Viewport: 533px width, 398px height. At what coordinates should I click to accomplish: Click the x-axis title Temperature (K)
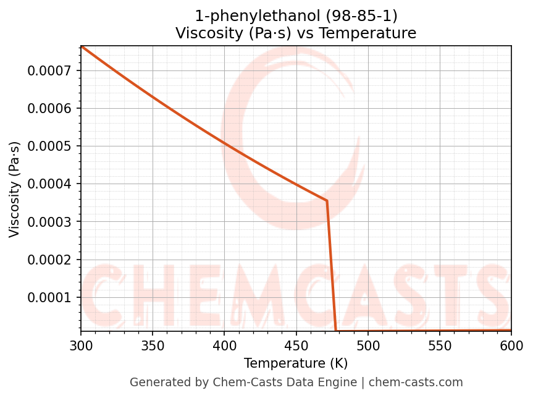coord(296,363)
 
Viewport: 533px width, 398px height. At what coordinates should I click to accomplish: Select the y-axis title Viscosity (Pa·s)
coord(15,189)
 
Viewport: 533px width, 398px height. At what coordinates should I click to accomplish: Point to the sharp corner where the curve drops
coord(327,201)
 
